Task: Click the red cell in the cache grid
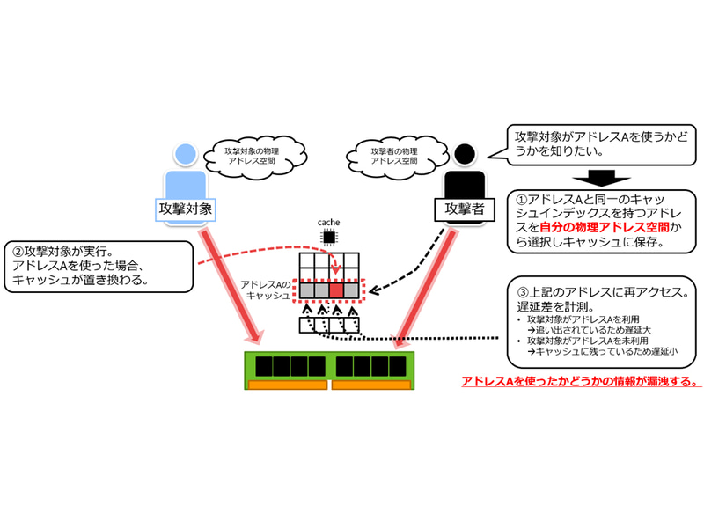pyautogui.click(x=334, y=289)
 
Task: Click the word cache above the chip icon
pyautogui.click(x=329, y=223)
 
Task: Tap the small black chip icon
pyautogui.click(x=329, y=237)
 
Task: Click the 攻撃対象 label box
pyautogui.click(x=186, y=209)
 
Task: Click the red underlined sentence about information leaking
pyautogui.click(x=581, y=382)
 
